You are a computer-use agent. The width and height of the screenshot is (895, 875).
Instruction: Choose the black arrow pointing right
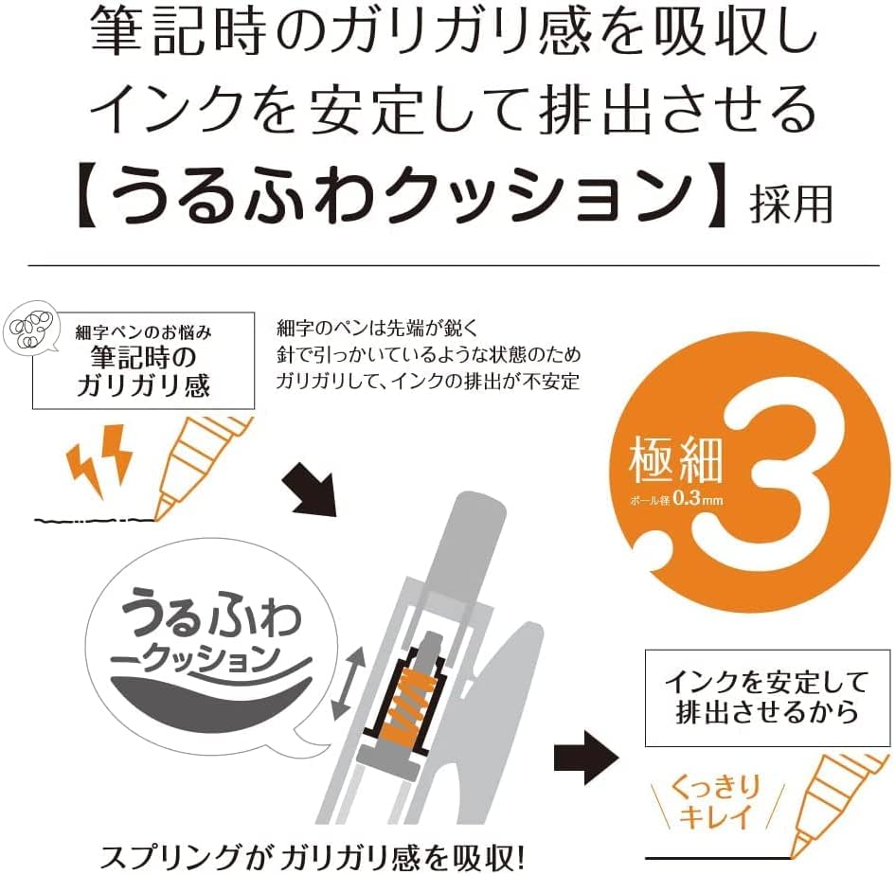pyautogui.click(x=586, y=757)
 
